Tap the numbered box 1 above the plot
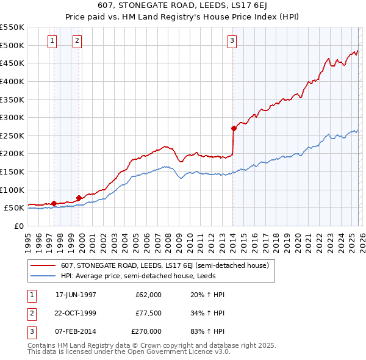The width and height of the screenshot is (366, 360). click(52, 41)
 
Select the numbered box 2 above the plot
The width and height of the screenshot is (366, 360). click(77, 41)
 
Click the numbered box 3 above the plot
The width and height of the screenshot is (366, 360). click(232, 41)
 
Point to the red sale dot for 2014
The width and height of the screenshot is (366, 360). click(234, 128)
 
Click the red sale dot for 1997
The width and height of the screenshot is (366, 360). click(54, 203)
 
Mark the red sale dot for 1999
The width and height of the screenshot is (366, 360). click(79, 198)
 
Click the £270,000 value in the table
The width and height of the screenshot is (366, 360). click(146, 331)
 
